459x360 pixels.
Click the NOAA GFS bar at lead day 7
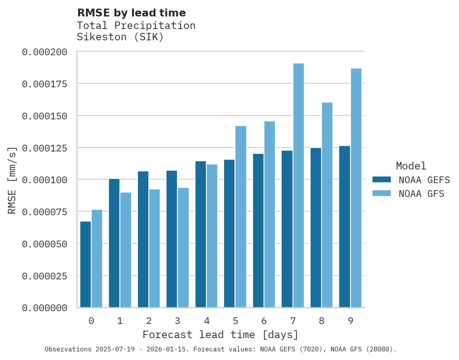298,185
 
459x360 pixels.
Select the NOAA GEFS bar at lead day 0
85,265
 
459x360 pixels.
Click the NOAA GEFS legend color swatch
381,180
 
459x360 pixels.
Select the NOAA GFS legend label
421,193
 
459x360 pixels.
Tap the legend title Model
411,166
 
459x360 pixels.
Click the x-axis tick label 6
264,321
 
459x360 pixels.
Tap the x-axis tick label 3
177,321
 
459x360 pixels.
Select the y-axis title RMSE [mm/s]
12,180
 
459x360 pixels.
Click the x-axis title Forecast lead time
220,335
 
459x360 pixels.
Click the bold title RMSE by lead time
131,13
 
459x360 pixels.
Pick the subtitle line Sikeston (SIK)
120,37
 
